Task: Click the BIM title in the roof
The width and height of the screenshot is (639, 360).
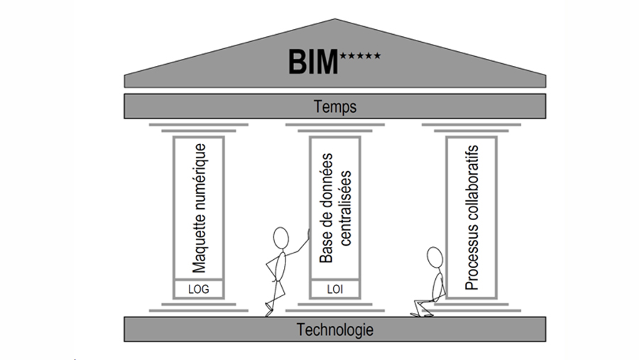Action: point(313,62)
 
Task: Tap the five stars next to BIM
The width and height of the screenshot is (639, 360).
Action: point(361,55)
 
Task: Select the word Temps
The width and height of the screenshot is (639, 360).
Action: point(335,107)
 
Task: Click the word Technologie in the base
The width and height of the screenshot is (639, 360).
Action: point(335,329)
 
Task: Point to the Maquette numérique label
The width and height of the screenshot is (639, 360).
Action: point(200,207)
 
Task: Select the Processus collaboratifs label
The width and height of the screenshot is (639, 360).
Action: point(471,217)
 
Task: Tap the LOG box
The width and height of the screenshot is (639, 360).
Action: point(199,289)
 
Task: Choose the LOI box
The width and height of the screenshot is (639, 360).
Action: point(334,289)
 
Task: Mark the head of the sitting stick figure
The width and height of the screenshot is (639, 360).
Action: point(432,256)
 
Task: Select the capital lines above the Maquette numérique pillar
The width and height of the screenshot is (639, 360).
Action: point(199,129)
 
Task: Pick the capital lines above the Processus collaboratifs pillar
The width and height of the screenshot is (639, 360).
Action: point(471,129)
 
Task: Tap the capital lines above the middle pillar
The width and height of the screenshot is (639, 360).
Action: point(334,129)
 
